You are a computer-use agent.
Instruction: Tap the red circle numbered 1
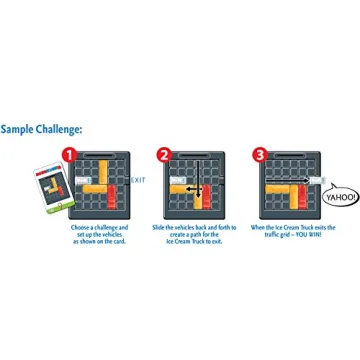pyautogui.click(x=68, y=155)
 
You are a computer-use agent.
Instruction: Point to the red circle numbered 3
pyautogui.click(x=260, y=155)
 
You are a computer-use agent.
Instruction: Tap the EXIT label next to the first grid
pyautogui.click(x=138, y=181)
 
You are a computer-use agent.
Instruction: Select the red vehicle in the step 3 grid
pyautogui.click(x=304, y=196)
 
